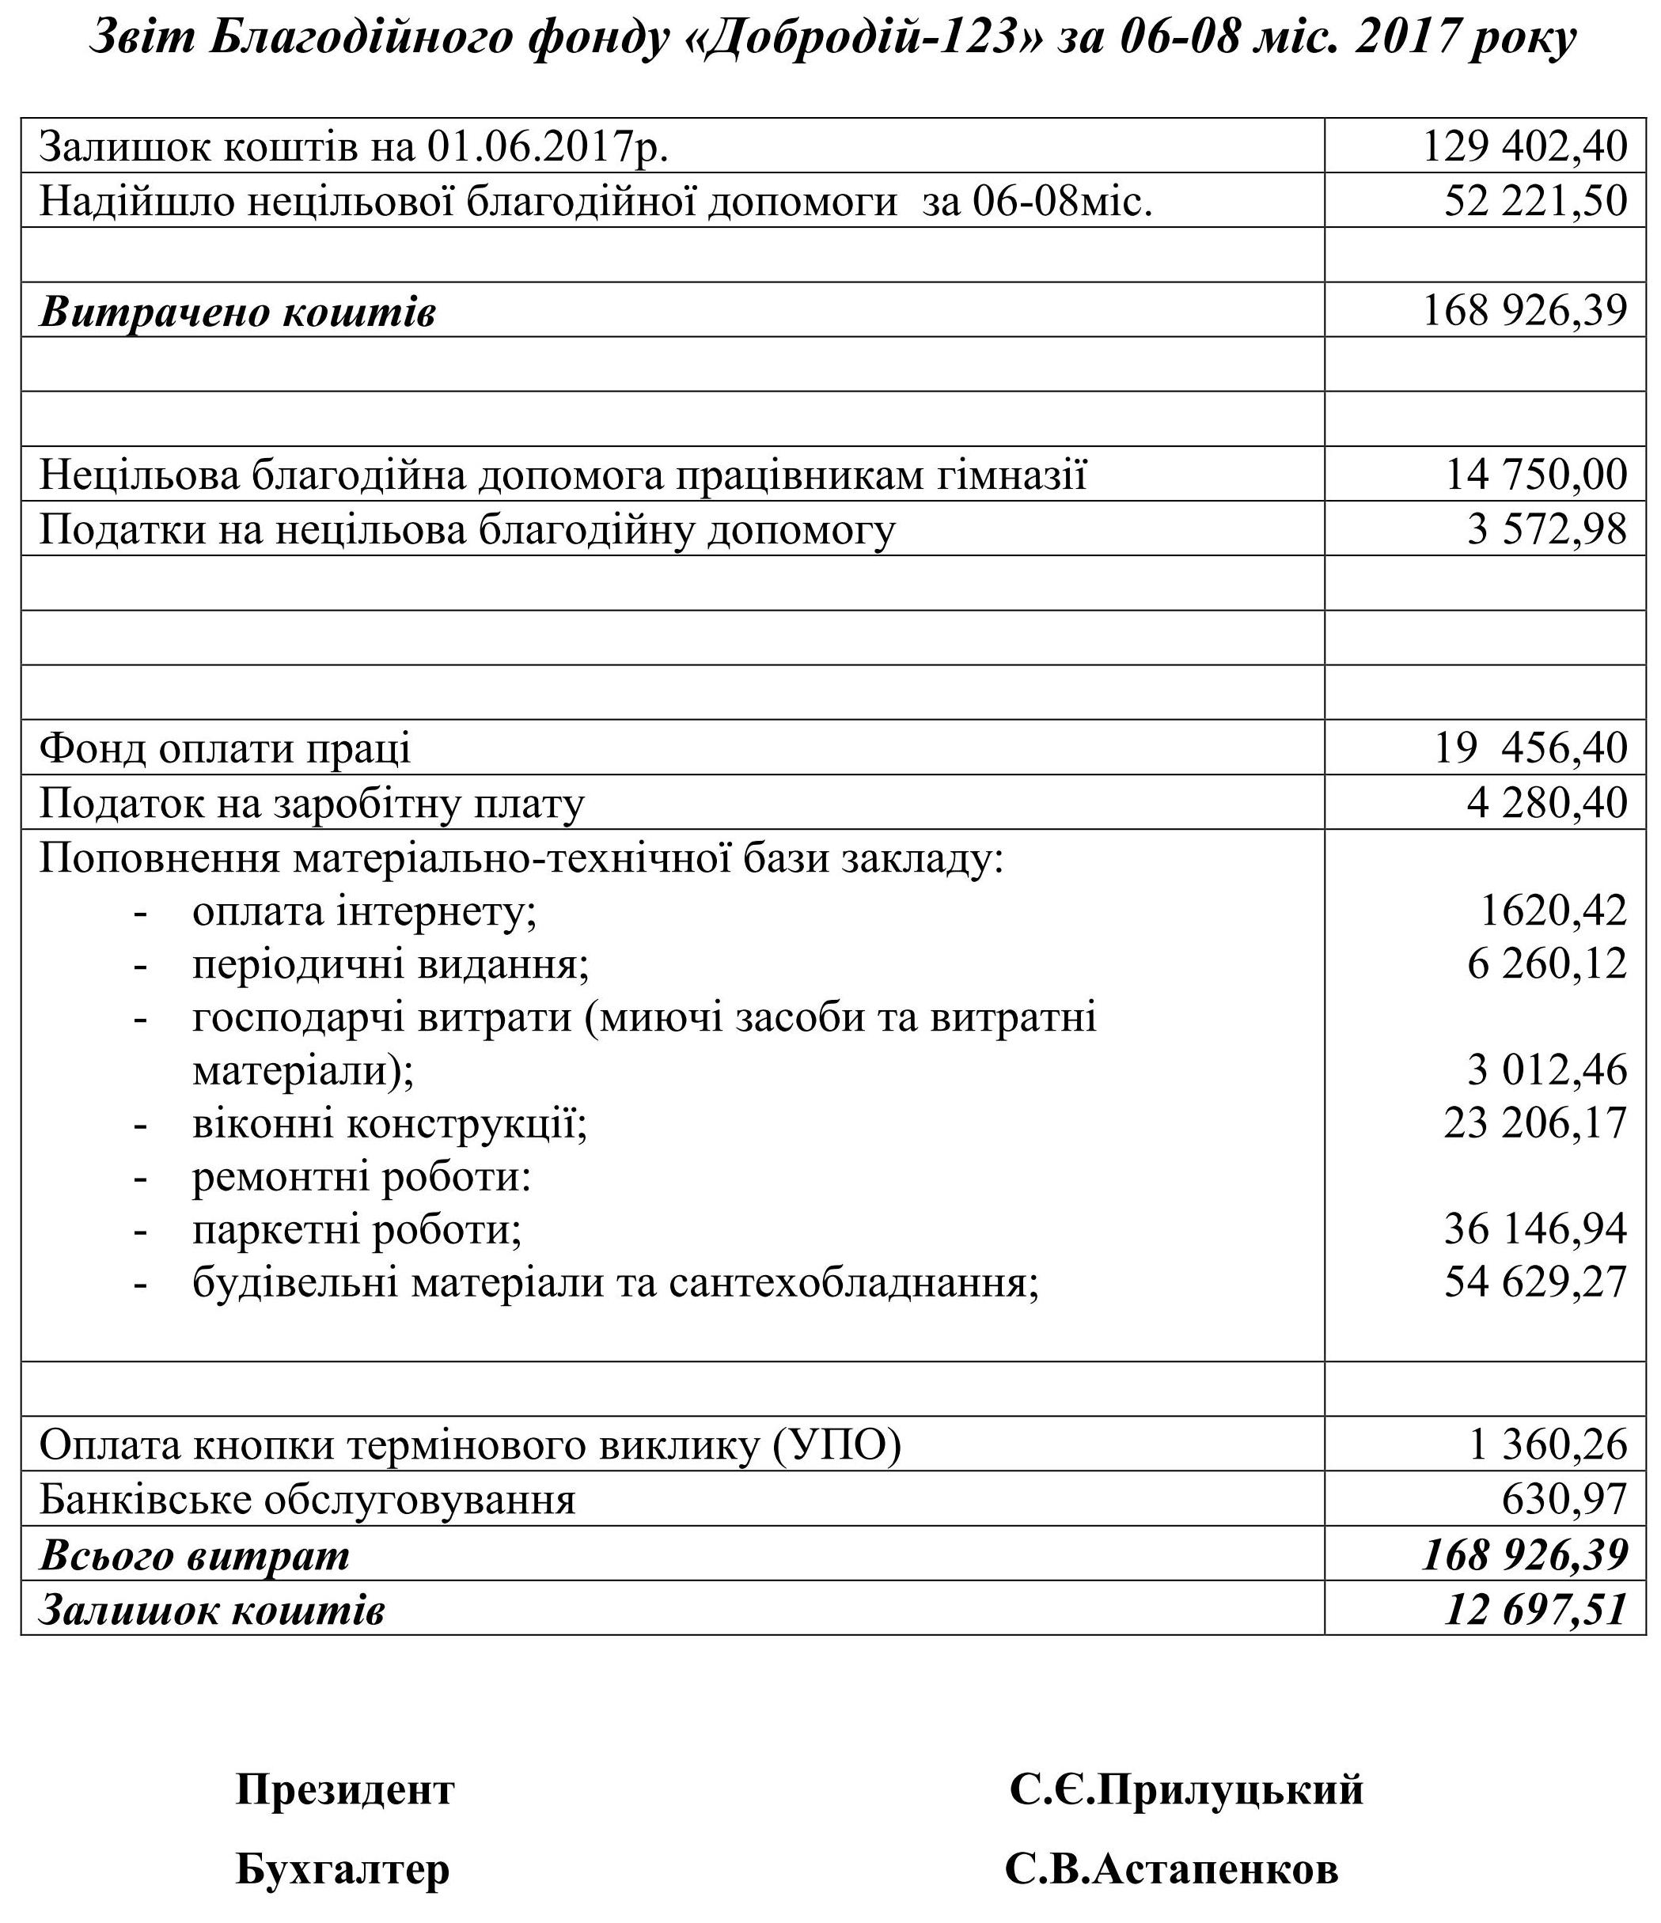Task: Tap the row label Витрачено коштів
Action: (237, 312)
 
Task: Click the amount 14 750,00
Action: (1536, 475)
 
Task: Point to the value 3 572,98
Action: (1547, 529)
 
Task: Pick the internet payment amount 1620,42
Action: (1553, 910)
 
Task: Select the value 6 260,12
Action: (1547, 963)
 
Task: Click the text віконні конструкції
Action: (390, 1124)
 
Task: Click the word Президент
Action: (345, 1789)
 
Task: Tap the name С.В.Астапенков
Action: (1172, 1869)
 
